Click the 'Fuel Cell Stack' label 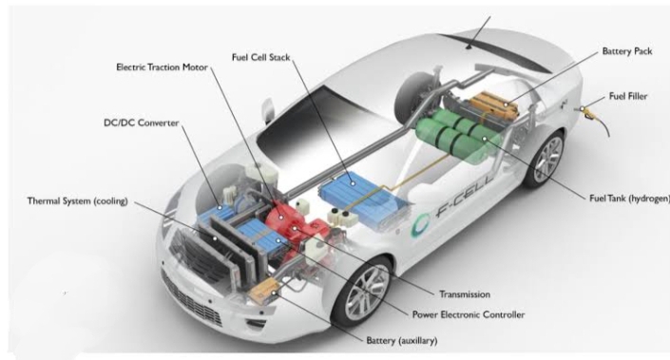[261, 56]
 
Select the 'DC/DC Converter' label [141, 123]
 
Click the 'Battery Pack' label [628, 51]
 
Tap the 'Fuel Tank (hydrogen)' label [629, 199]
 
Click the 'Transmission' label [466, 294]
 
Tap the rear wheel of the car [546, 159]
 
